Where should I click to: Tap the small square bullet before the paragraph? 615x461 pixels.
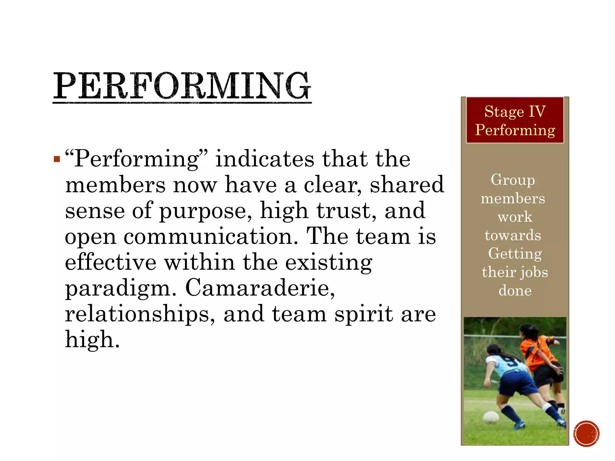pos(57,159)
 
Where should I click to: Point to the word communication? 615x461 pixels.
pos(211,237)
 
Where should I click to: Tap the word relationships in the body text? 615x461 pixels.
pos(140,314)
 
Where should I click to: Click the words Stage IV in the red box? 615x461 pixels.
pos(515,112)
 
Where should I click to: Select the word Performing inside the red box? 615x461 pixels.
pos(515,130)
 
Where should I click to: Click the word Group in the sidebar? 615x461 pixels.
pos(513,180)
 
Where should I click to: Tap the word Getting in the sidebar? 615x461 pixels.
pos(515,254)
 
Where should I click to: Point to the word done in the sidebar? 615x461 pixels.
pos(515,291)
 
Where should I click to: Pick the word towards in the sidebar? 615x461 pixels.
pos(513,235)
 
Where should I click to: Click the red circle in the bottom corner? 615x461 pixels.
pos(586,434)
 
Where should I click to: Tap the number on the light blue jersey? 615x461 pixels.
pos(510,363)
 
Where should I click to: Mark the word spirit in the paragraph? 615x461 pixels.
pos(364,314)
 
